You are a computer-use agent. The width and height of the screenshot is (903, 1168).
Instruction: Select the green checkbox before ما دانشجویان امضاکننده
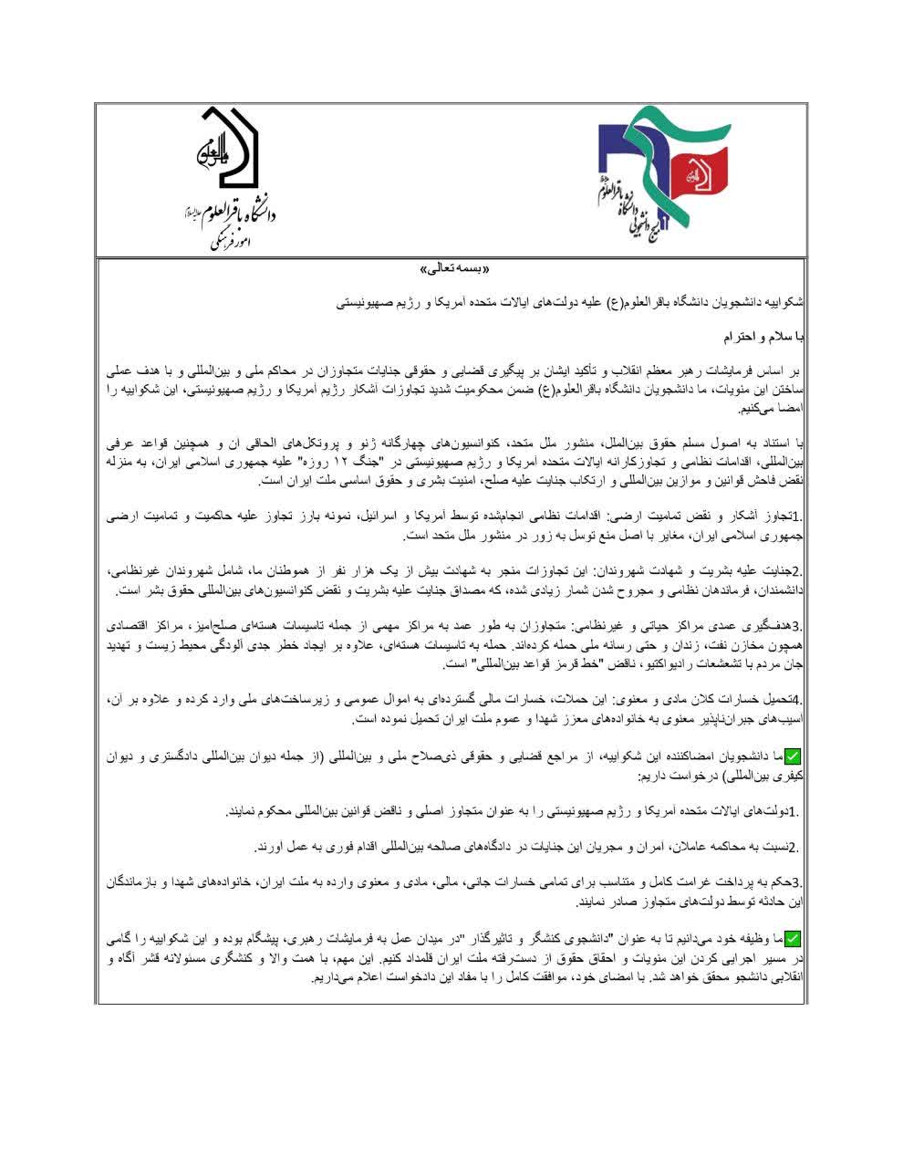[x=791, y=756]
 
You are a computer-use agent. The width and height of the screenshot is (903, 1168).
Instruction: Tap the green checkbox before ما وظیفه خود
[x=791, y=938]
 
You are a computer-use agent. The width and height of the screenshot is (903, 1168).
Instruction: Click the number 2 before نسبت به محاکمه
[x=793, y=848]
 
